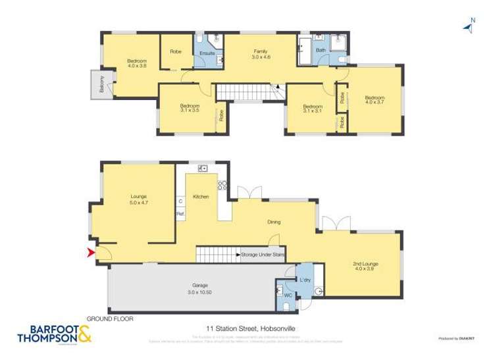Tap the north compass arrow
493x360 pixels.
point(469,26)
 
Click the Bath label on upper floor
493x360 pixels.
point(321,51)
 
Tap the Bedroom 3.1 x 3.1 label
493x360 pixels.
point(312,109)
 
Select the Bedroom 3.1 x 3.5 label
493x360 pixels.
point(190,109)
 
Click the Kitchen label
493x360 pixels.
point(201,196)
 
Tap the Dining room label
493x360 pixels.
point(274,222)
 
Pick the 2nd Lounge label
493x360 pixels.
point(365,267)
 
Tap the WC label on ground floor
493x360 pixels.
point(287,296)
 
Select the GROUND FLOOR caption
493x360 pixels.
point(110,319)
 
